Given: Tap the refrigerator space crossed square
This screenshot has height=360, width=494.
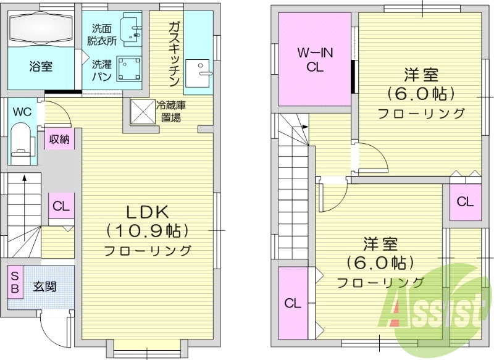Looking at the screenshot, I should pos(143,114).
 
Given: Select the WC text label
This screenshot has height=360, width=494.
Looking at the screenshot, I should pos(22,112).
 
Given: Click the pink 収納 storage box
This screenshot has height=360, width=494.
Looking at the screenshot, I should pos(59,139).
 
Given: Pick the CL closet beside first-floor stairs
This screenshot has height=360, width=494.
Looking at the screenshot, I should pos(61,207).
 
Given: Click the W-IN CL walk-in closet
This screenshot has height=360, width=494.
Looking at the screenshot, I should pos(314,60).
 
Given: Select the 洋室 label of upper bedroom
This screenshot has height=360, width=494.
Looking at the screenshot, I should pos(421,75).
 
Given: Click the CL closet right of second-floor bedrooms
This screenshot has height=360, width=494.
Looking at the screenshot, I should pos(465,202).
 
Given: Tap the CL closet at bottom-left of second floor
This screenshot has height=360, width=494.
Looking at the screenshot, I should pos(293,303).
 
